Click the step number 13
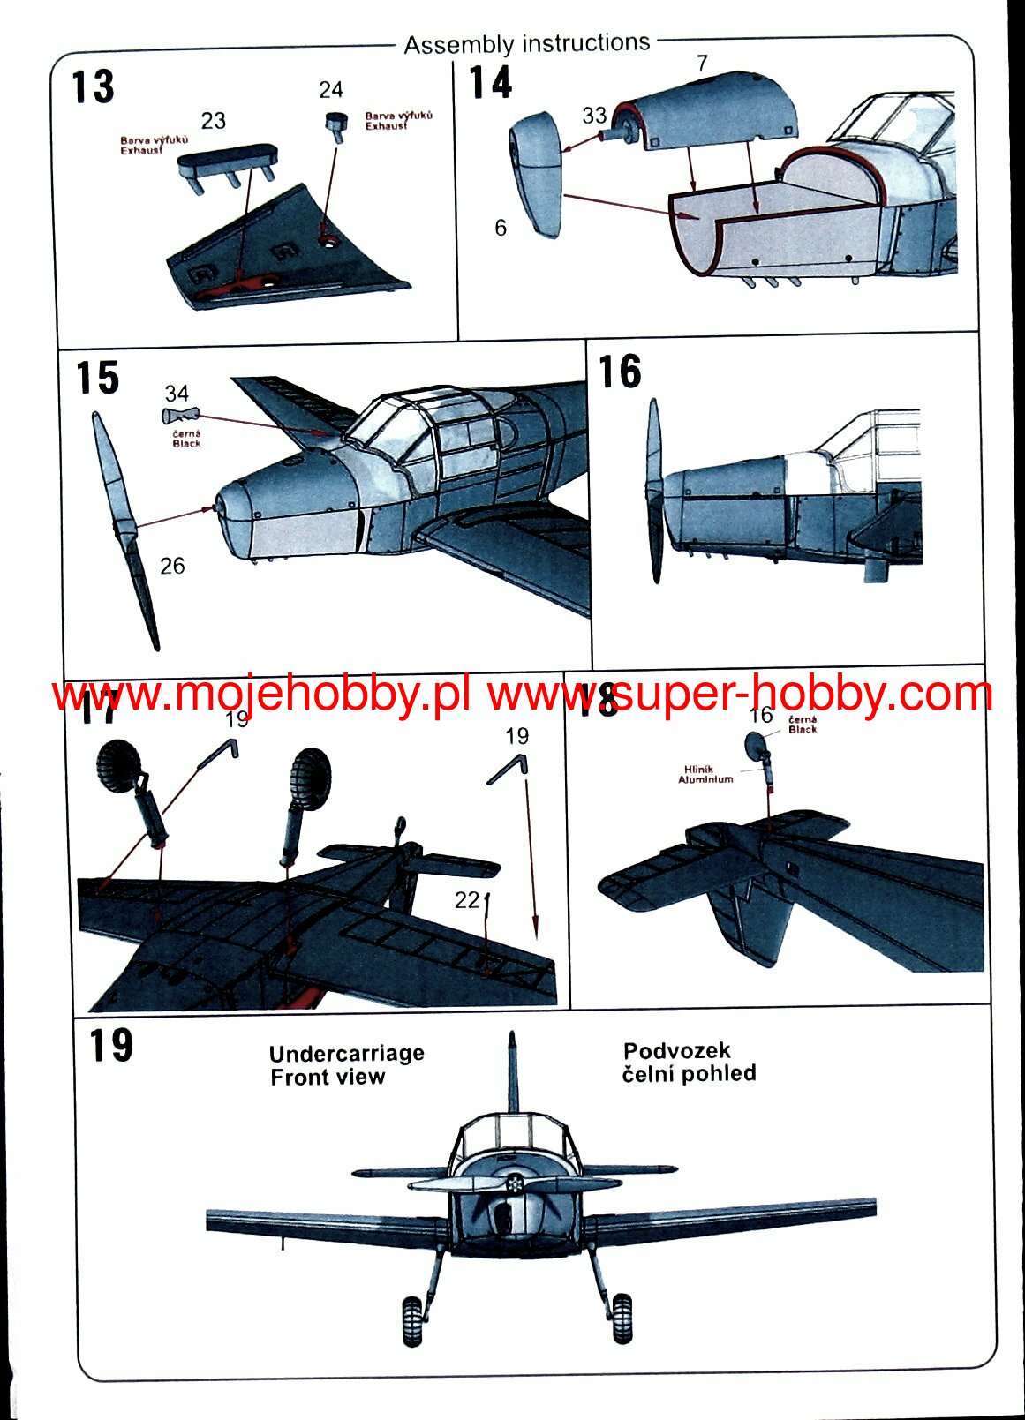(x=93, y=87)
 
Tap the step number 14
(x=490, y=83)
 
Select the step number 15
(x=97, y=378)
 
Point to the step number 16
(x=620, y=372)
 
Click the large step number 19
(x=110, y=1046)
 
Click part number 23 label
(x=213, y=121)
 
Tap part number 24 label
(x=330, y=90)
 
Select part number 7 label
(x=702, y=64)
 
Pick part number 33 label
(x=594, y=116)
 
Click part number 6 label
(x=501, y=229)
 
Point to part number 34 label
(x=177, y=394)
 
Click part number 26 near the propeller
(x=172, y=566)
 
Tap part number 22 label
(x=466, y=900)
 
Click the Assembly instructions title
(x=526, y=43)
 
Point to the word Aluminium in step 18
(x=705, y=779)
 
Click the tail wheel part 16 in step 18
(x=757, y=745)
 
